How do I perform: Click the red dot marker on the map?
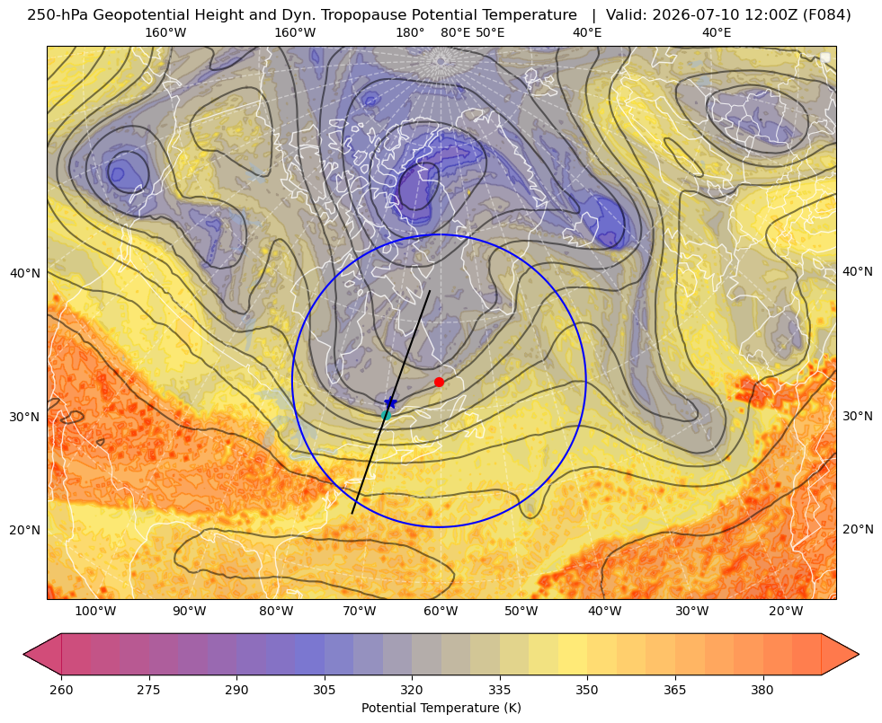439,382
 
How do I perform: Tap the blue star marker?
390,402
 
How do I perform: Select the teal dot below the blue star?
386,415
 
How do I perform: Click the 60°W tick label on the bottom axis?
441,612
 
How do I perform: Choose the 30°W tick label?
692,612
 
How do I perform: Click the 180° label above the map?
410,32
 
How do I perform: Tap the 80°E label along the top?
455,32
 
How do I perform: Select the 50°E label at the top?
491,32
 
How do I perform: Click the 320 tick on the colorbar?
412,689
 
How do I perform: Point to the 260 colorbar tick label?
61,689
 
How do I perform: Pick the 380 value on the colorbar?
762,689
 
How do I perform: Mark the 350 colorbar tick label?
587,689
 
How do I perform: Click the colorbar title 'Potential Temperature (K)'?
441,708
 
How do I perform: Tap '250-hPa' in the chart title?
58,15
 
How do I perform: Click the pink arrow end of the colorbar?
42,654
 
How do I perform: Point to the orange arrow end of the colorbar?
840,654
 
